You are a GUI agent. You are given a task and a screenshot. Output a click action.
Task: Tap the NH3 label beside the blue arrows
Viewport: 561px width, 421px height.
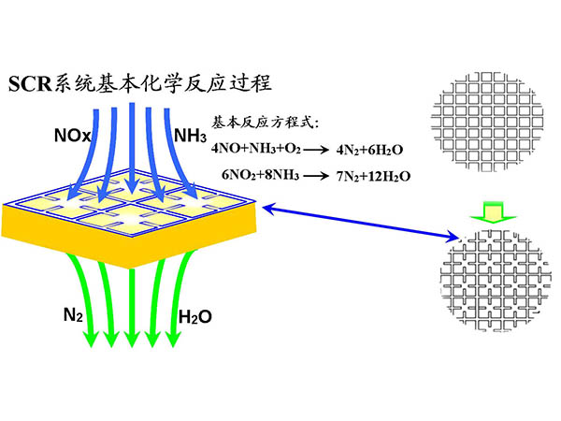coord(190,137)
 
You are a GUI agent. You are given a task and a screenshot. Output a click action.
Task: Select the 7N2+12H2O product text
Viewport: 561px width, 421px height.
coord(379,175)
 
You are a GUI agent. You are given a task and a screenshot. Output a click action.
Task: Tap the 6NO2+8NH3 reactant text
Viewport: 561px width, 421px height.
coord(262,175)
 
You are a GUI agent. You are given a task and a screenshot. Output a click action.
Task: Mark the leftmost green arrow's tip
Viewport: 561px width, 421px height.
coord(92,342)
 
